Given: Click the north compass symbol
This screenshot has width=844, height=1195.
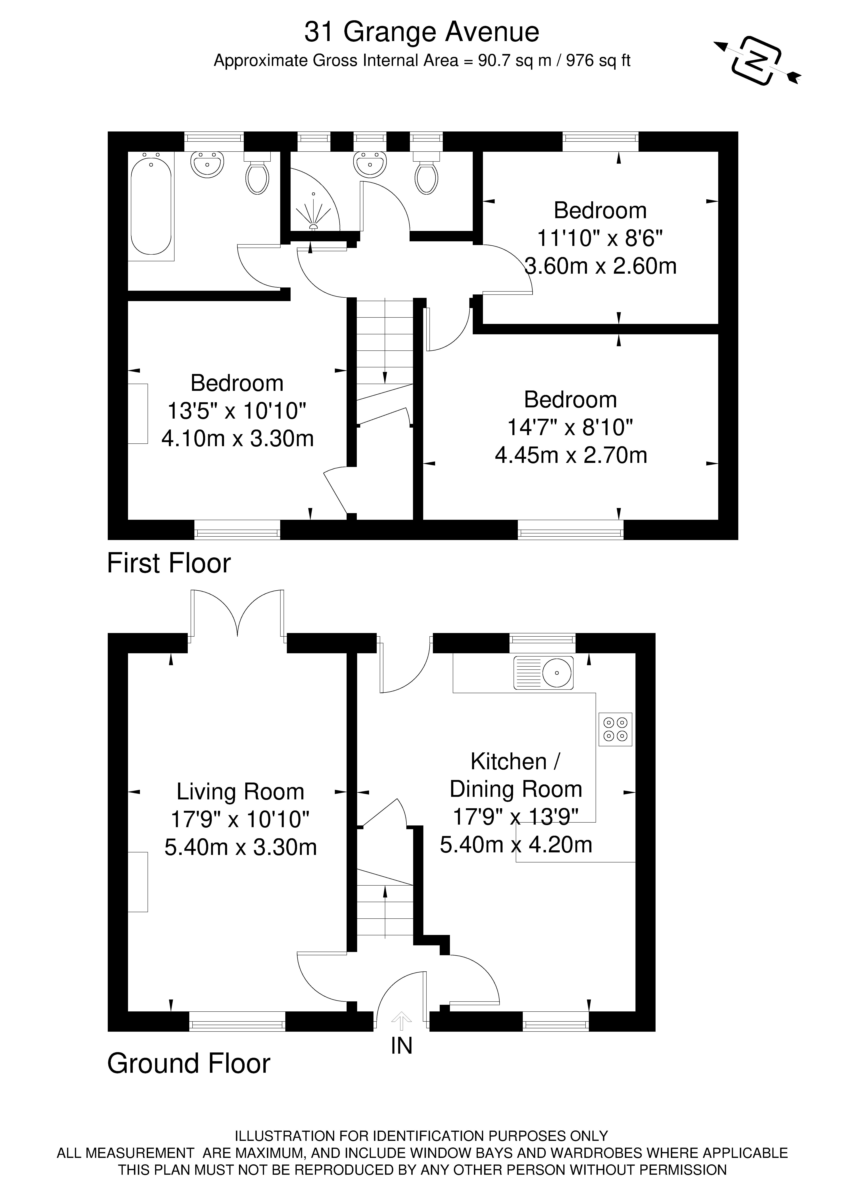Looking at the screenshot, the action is (x=757, y=60).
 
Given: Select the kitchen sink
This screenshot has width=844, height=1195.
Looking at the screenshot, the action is (x=543, y=673).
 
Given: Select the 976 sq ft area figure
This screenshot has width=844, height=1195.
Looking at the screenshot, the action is (x=598, y=61).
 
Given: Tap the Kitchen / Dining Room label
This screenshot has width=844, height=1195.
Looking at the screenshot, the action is (x=516, y=776).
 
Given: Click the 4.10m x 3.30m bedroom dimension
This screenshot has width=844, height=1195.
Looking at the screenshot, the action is (x=238, y=439).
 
